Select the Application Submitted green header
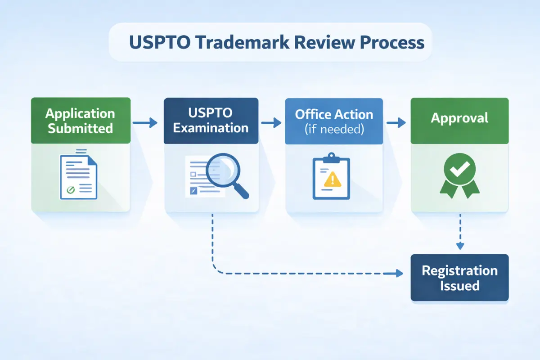point(81,121)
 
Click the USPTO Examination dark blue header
point(211,121)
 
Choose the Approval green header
point(459,118)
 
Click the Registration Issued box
point(459,278)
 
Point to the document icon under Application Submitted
point(78,175)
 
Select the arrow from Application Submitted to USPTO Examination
point(145,122)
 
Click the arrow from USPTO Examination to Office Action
point(271,122)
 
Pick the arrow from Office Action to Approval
point(396,122)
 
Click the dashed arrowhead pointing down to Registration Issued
point(459,246)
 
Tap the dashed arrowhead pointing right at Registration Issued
point(398,273)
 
